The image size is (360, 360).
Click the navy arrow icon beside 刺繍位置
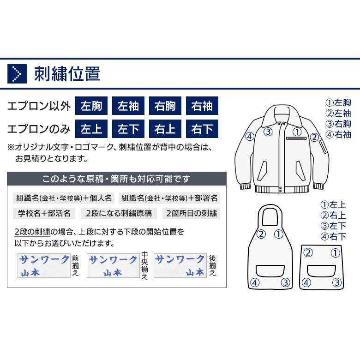point(17,74)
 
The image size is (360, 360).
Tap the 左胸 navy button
point(91,106)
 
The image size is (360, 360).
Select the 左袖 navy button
point(128,106)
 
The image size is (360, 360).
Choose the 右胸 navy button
point(165,106)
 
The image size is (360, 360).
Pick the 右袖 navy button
point(202,106)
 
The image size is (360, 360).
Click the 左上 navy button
point(91,129)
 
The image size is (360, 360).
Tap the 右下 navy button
point(202,129)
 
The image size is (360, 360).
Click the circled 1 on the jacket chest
point(297,132)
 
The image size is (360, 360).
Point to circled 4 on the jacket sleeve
point(250,136)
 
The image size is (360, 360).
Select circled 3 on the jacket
point(268,132)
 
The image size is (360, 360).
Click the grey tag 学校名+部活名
point(44,213)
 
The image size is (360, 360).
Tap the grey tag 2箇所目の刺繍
point(191,213)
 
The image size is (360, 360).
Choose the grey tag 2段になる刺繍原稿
point(119,213)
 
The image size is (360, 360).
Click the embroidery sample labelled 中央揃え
point(113,266)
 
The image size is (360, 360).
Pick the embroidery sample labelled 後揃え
point(180,266)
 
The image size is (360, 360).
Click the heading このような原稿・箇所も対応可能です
point(117,179)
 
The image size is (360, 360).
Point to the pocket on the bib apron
point(270,271)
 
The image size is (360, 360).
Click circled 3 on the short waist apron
point(337,282)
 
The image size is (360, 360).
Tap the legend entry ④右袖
point(338,135)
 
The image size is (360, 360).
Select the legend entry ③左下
point(333,226)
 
